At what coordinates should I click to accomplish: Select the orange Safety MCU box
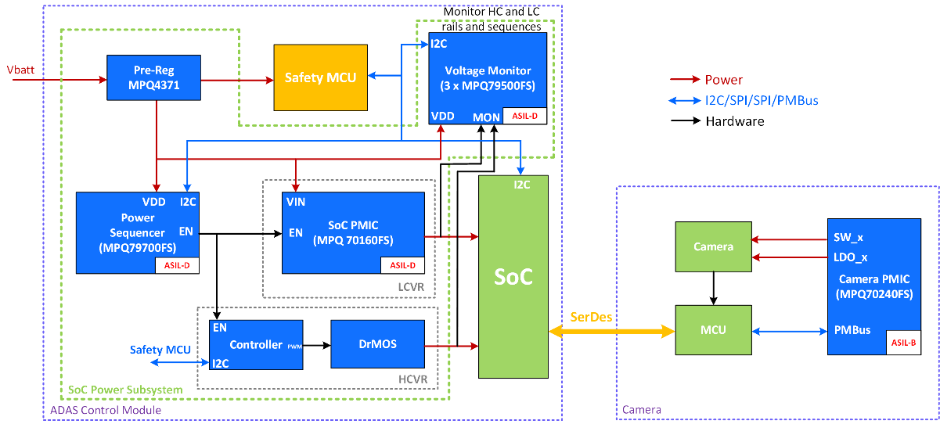coord(320,77)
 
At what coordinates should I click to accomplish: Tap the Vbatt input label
coord(20,70)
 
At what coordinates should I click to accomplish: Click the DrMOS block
coord(377,344)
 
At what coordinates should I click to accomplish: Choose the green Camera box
coord(712,246)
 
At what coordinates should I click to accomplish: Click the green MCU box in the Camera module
coord(712,330)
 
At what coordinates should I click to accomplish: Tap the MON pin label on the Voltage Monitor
coord(486,117)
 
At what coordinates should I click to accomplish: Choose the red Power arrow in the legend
coord(685,80)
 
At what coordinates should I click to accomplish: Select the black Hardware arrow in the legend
coord(685,121)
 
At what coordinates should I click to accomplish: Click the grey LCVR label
coord(409,287)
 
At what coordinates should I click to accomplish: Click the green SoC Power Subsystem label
coord(125,389)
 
